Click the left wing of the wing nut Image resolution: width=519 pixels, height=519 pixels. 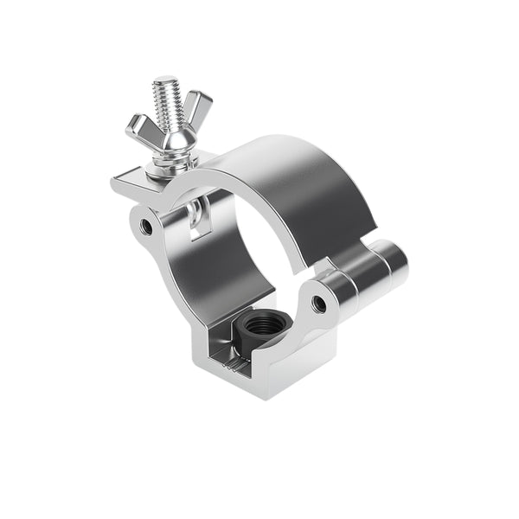pyautogui.click(x=139, y=129)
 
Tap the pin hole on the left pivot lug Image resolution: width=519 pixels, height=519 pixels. pyautogui.click(x=146, y=227)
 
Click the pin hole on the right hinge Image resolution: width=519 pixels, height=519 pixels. pyautogui.click(x=319, y=303)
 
